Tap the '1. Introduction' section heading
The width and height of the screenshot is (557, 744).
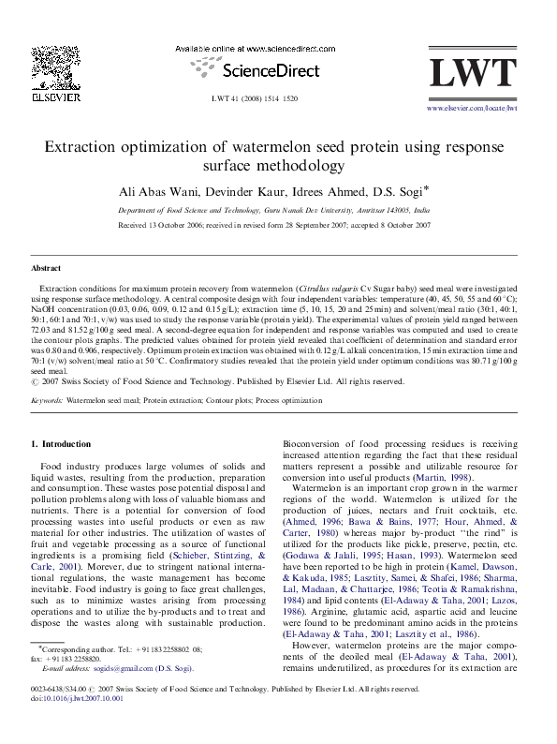coord(61,443)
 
